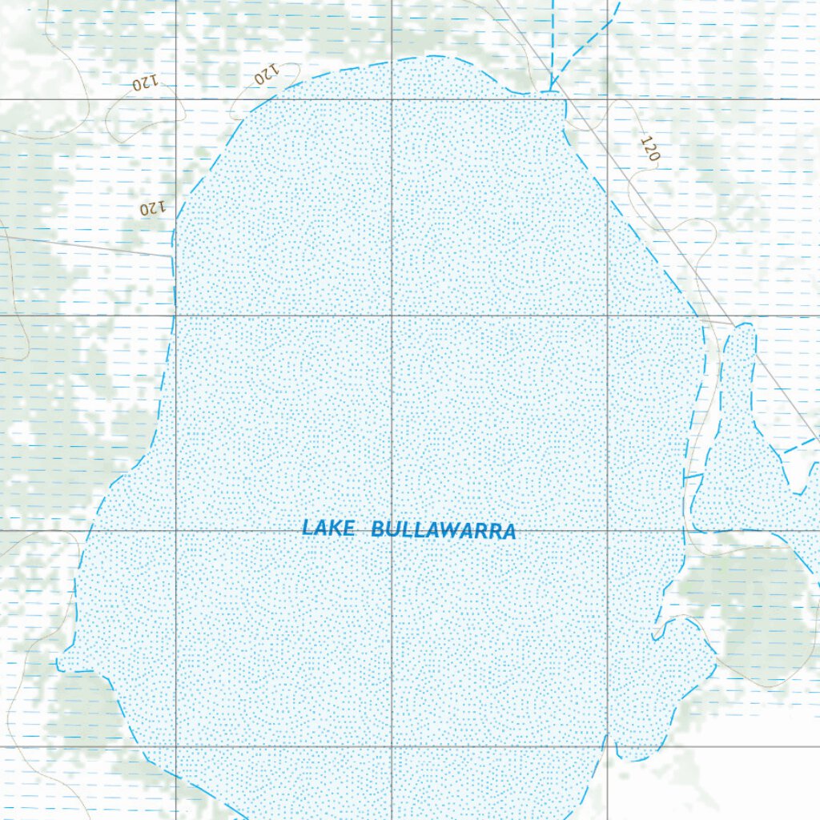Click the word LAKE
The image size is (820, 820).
pyautogui.click(x=328, y=528)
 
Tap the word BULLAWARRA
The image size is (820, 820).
pyautogui.click(x=444, y=530)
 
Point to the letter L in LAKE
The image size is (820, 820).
pyautogui.click(x=307, y=528)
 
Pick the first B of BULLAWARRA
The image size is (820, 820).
pyautogui.click(x=378, y=529)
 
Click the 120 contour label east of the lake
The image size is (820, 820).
pyautogui.click(x=649, y=149)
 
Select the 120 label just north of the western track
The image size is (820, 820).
pyautogui.click(x=151, y=208)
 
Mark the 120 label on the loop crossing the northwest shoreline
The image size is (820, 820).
pyautogui.click(x=265, y=76)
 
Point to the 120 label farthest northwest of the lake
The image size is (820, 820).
pyautogui.click(x=144, y=82)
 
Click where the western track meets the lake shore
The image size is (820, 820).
pyautogui.click(x=174, y=257)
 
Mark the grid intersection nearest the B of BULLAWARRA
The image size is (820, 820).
pyautogui.click(x=392, y=530)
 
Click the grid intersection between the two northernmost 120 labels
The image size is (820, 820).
pyautogui.click(x=176, y=99)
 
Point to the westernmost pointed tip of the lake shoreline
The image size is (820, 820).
pyautogui.click(x=58, y=665)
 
